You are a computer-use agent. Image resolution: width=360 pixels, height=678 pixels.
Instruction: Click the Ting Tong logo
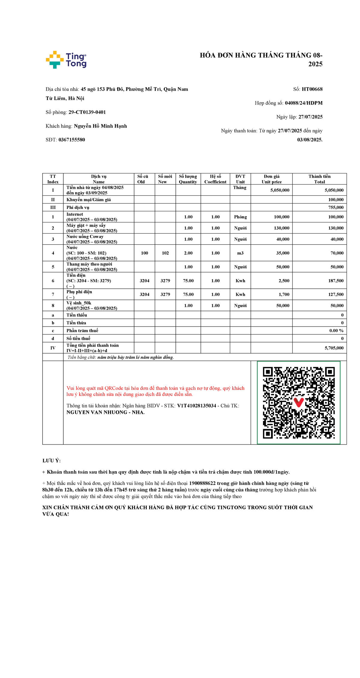(66, 60)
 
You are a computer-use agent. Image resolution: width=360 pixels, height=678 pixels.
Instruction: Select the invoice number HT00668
(312, 89)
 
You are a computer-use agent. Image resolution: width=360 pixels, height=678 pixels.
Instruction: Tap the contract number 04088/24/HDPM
(304, 103)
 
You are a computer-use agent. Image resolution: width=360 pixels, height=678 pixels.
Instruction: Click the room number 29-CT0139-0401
(87, 112)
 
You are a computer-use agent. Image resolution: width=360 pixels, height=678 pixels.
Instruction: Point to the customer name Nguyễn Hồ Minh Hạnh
(100, 126)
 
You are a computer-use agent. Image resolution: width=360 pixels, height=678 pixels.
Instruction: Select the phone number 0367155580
(72, 140)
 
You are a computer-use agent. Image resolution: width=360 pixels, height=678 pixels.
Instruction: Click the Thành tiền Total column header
(319, 179)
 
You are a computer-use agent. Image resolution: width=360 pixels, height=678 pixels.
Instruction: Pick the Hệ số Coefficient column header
(215, 179)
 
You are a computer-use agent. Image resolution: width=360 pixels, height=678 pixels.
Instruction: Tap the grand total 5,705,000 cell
(334, 348)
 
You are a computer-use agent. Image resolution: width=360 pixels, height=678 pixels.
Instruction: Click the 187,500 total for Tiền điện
(336, 281)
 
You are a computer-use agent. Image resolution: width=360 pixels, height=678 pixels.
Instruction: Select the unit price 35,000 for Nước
(283, 253)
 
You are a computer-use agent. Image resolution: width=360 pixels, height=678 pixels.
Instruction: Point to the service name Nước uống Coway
(85, 237)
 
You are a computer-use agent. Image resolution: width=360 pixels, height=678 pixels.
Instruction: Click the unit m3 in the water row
(240, 253)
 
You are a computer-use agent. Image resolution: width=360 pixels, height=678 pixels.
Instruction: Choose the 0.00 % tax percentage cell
(336, 330)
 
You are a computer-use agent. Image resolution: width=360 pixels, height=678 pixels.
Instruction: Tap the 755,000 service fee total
(336, 207)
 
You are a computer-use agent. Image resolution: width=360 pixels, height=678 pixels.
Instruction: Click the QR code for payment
(298, 402)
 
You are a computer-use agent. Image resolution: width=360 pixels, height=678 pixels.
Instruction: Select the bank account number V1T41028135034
(196, 406)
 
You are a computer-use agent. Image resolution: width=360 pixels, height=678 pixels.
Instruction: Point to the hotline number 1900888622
(202, 483)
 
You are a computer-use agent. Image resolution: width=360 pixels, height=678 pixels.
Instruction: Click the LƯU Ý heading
(51, 461)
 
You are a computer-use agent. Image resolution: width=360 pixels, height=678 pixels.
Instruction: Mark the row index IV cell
(53, 348)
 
